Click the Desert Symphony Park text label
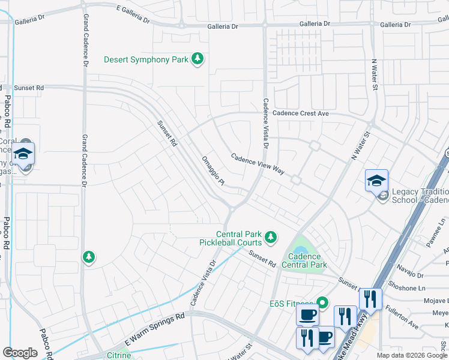point(146,59)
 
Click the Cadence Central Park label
point(304,261)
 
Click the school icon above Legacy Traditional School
point(376,180)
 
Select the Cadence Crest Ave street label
point(301,113)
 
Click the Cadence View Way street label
point(258,163)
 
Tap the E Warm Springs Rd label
point(154,329)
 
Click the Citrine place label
point(118,356)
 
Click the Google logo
point(20,353)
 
